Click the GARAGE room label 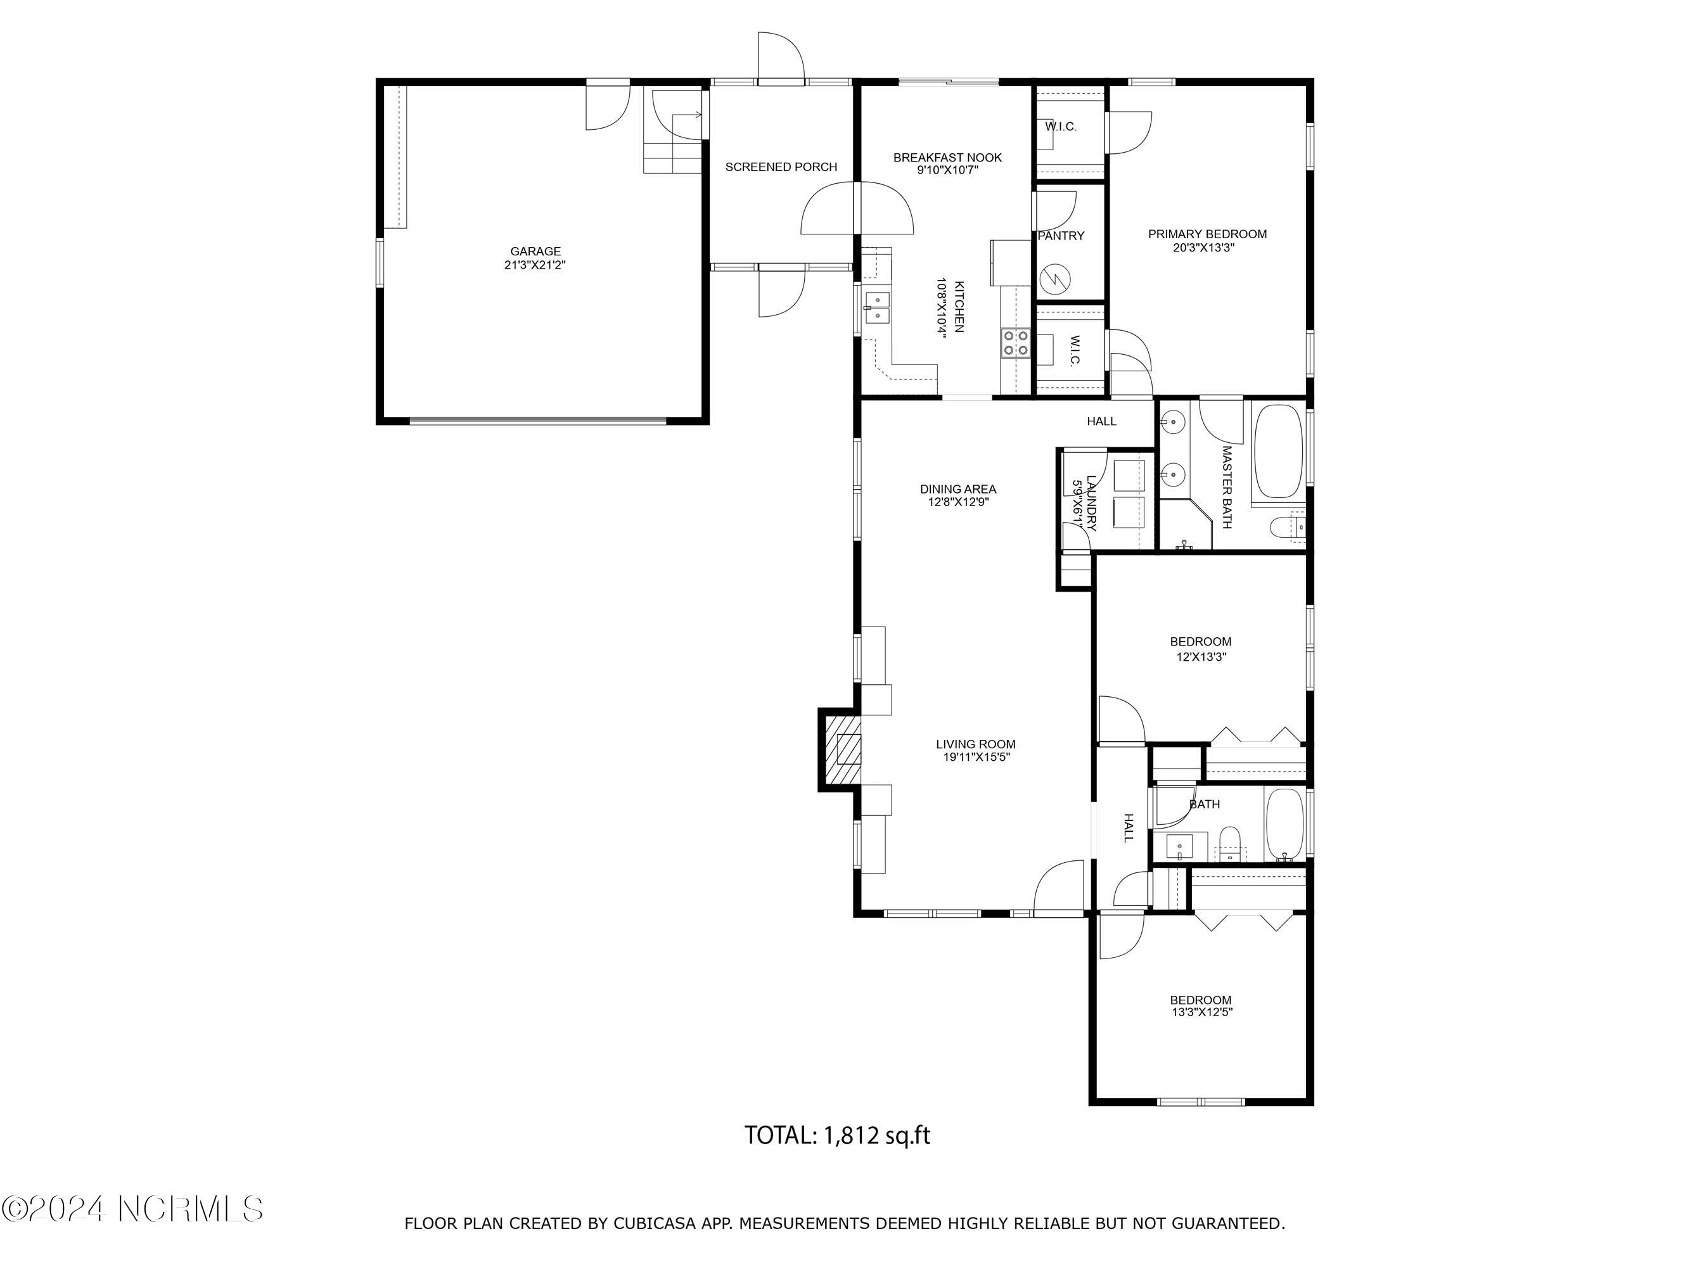[535, 251]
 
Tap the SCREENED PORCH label [781, 167]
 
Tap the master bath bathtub [1277, 450]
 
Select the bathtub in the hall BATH [1284, 825]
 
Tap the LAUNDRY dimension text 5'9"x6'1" [1077, 505]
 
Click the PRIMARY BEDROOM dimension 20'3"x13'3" [1207, 248]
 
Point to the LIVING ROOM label [976, 744]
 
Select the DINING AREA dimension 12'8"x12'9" [957, 502]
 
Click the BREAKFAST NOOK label [947, 157]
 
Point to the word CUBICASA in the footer [655, 1223]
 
